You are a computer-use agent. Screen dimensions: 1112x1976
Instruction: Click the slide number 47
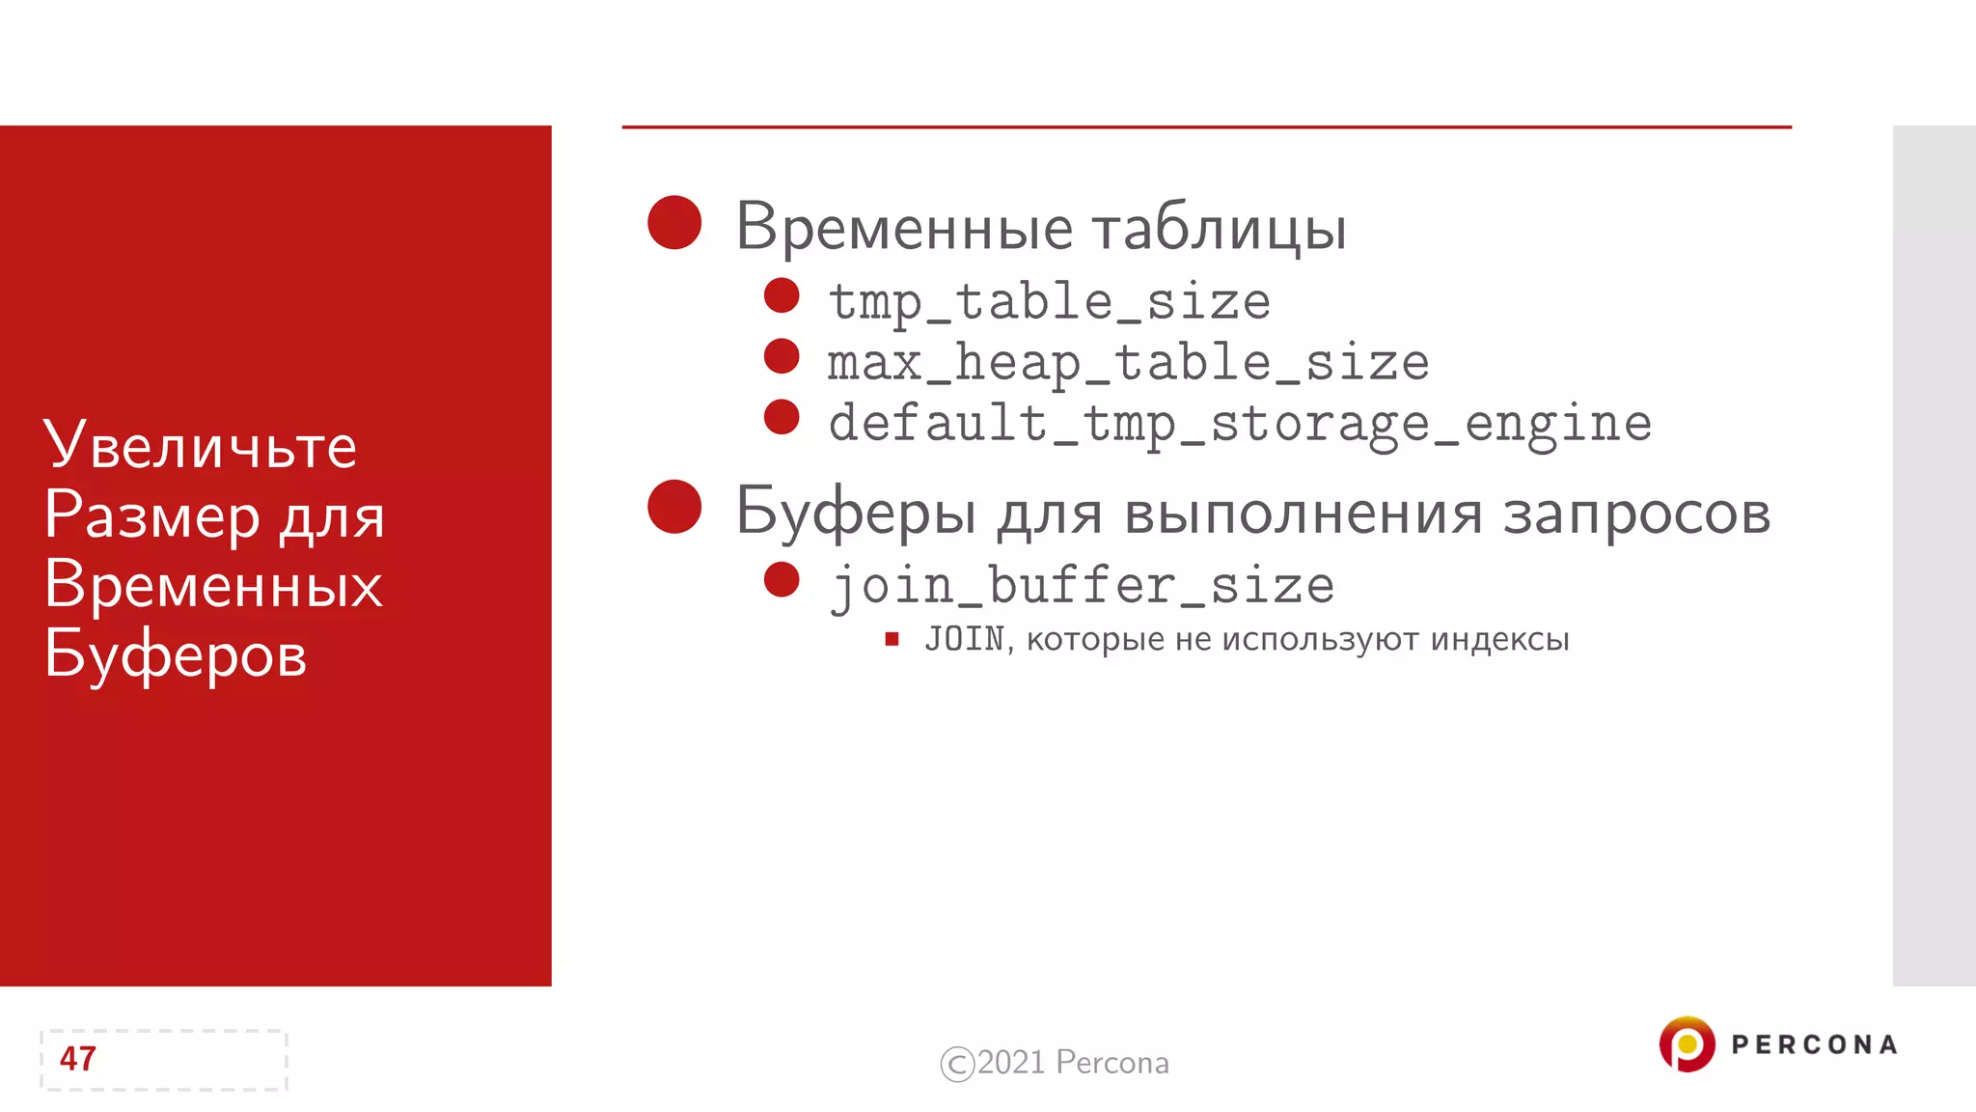point(78,1059)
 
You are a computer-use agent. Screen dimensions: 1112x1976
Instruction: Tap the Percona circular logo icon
point(1687,1044)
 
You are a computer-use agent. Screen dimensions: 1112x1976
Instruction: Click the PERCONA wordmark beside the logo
point(1814,1045)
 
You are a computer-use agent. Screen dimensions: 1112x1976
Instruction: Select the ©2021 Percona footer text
point(1055,1063)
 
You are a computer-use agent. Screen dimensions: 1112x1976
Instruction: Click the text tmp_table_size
point(1050,302)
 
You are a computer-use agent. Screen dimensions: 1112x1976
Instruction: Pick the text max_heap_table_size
point(1128,363)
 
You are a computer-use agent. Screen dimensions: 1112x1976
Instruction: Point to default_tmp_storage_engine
point(1240,424)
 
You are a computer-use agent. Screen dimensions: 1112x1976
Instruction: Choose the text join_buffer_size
point(1083,586)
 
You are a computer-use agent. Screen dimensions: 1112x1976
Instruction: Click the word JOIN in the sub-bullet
point(964,639)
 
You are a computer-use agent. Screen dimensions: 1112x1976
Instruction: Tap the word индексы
point(1499,639)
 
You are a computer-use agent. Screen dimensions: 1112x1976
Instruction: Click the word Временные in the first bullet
point(904,228)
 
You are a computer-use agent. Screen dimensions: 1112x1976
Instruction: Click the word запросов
point(1636,514)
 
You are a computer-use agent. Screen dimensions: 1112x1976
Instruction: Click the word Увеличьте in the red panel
point(201,445)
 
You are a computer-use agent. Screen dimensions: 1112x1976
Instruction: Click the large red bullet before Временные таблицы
point(674,223)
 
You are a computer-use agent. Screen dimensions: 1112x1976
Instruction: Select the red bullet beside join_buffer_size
point(782,580)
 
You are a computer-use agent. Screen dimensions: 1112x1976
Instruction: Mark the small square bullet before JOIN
point(892,639)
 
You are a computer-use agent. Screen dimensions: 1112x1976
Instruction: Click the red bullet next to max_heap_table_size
point(782,356)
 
